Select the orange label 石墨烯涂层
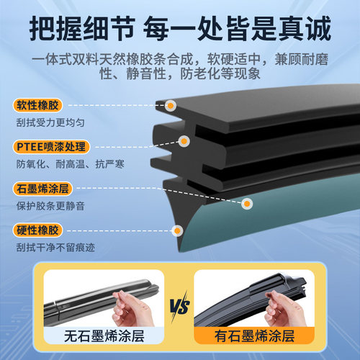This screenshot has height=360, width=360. point(40,190)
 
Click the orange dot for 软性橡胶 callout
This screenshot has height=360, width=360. point(171,105)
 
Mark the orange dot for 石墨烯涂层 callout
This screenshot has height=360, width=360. point(247,204)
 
